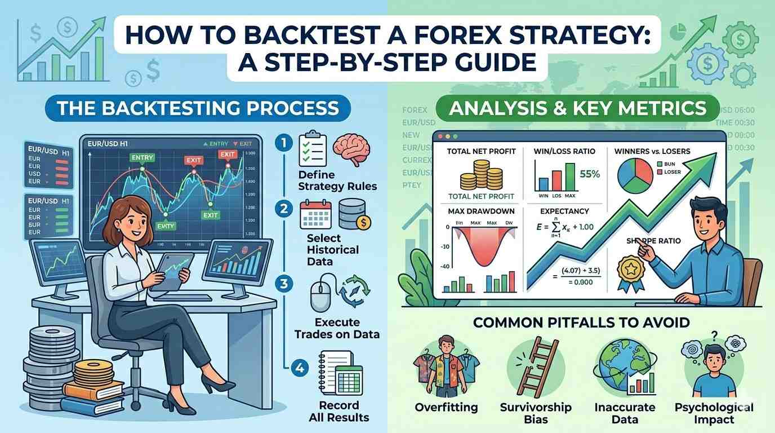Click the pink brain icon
352,148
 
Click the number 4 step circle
299,369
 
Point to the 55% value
589,174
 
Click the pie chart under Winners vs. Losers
634,175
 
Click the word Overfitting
446,407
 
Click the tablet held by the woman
176,271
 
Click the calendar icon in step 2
315,214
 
